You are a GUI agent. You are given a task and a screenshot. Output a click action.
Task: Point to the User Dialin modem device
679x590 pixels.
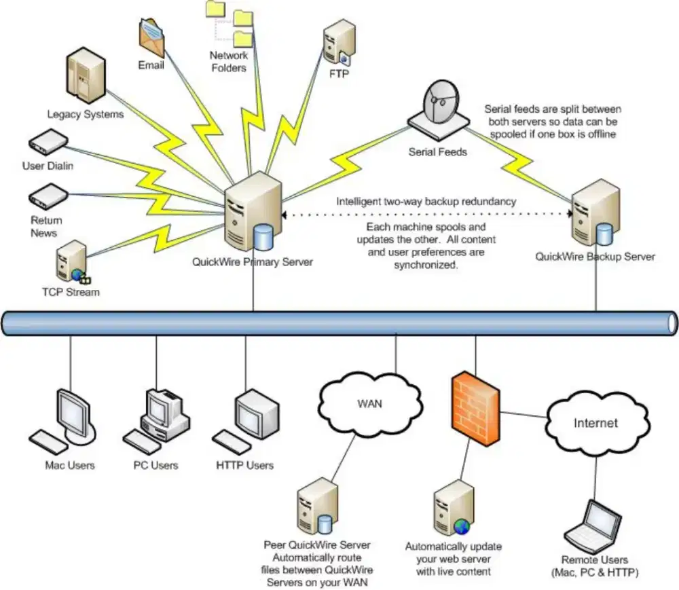[48, 143]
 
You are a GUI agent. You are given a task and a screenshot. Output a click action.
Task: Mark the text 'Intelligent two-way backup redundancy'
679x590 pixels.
[426, 202]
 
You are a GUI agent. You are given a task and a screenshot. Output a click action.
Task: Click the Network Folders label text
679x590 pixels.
[228, 61]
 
